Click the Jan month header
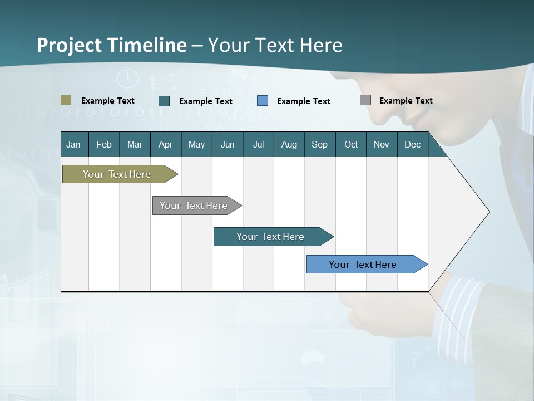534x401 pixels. point(73,144)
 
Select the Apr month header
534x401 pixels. point(165,144)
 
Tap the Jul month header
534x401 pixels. point(258,144)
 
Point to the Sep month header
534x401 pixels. point(319,144)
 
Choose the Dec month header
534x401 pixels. point(412,144)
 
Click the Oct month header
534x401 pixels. point(351,144)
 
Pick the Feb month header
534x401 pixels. point(104,144)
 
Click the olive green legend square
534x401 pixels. point(66,100)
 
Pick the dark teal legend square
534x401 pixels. point(164,101)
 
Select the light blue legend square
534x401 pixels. point(263,101)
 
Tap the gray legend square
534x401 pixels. point(365,100)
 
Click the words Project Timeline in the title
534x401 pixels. point(111,45)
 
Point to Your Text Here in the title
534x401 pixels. point(275,45)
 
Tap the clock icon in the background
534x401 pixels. point(127,79)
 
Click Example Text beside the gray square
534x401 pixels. point(406,101)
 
